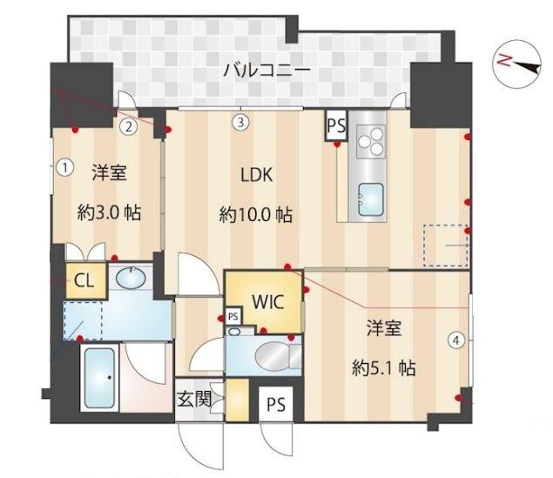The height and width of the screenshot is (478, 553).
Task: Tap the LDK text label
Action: coord(257,174)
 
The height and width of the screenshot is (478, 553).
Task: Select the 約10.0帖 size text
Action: coord(255,215)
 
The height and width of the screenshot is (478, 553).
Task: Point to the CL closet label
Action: coord(84,279)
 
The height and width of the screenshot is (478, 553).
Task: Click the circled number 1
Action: coord(64,165)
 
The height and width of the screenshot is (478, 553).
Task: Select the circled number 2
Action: coord(129,126)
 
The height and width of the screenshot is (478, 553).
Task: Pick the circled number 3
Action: coord(241,122)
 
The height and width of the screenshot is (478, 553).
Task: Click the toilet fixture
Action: coord(276,353)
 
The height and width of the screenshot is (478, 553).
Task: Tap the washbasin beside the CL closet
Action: coord(130,279)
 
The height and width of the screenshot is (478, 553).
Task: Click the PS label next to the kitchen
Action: coord(336,125)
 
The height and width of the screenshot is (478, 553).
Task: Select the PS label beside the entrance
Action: coord(276,405)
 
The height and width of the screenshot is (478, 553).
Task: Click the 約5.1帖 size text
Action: coord(383,368)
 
